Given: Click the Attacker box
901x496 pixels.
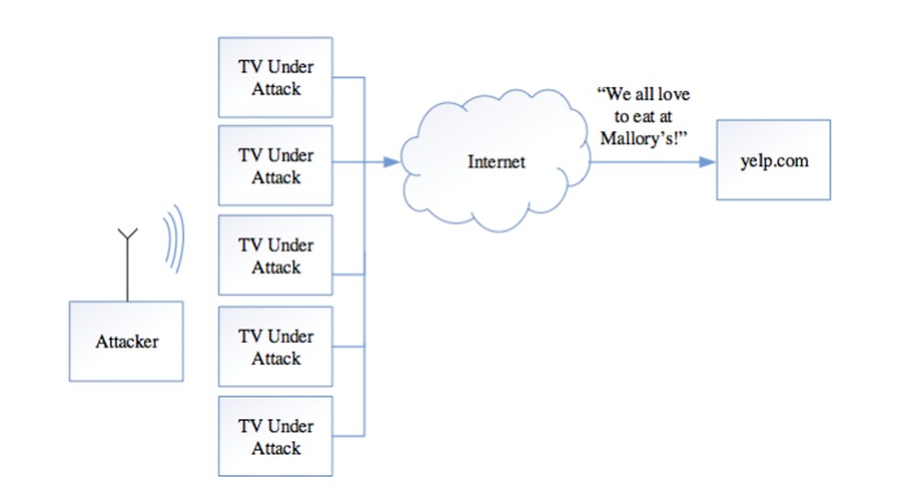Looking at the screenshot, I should point(126,342).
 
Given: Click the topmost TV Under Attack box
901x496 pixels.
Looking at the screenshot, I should point(275,78).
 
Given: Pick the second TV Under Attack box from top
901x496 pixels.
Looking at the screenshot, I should point(275,165).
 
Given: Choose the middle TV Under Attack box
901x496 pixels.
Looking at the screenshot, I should point(275,256).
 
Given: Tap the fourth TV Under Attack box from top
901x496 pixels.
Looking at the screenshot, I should point(275,346).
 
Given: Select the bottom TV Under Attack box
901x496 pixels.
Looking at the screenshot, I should point(275,435).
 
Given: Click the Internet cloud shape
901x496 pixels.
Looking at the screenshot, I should point(495,163).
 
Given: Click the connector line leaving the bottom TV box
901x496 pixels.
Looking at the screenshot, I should point(348,435).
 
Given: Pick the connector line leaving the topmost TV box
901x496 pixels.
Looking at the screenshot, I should point(348,78).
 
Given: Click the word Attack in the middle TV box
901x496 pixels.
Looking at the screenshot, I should point(276,267).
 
